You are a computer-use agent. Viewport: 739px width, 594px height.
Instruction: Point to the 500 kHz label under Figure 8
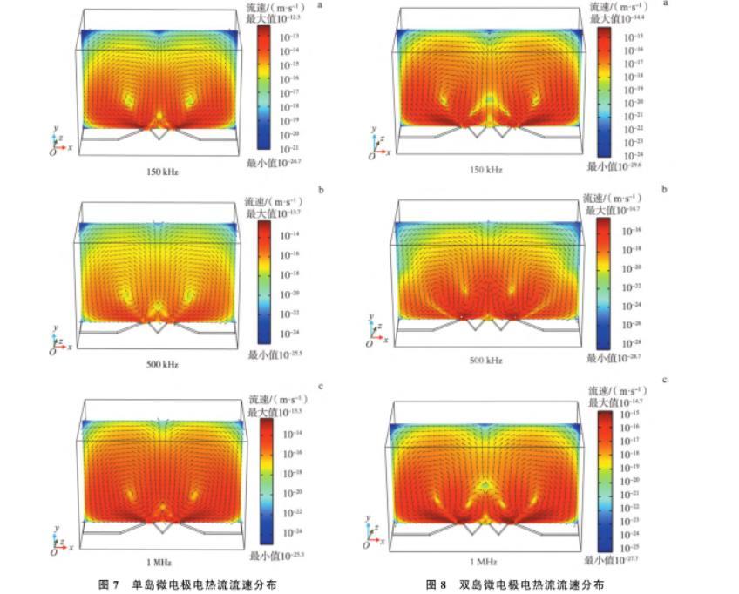[486, 359]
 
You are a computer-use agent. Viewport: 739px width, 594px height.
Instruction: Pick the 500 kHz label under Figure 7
[163, 363]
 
